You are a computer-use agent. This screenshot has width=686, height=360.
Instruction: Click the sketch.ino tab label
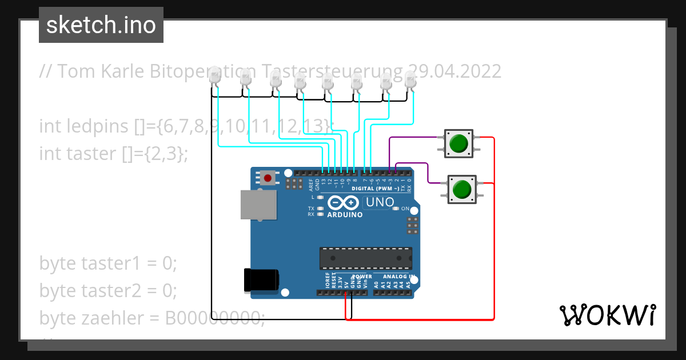click(x=101, y=25)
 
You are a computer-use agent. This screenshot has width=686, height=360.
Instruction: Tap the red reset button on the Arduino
click(x=267, y=178)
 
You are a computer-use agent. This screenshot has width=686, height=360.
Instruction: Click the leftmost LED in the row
click(x=214, y=76)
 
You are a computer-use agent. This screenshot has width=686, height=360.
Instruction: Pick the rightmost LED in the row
click(x=410, y=80)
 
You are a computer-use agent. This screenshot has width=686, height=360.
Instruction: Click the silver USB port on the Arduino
click(x=257, y=205)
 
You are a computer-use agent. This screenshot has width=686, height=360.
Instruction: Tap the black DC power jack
click(x=261, y=279)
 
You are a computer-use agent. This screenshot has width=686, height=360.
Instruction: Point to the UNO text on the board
click(x=380, y=202)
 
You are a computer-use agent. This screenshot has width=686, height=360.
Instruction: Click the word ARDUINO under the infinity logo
click(x=345, y=215)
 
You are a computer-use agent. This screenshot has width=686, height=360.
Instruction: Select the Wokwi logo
click(x=607, y=315)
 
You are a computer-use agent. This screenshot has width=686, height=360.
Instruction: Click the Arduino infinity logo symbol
click(x=343, y=203)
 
